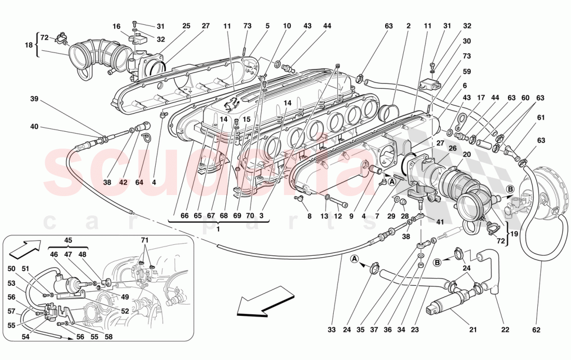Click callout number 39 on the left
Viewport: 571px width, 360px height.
point(34,99)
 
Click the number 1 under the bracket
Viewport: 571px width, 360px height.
point(219,229)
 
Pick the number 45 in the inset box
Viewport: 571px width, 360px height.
point(67,240)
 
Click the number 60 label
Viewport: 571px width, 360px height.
point(526,98)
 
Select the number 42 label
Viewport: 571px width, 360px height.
point(123,182)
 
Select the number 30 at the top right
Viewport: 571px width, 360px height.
point(467,41)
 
